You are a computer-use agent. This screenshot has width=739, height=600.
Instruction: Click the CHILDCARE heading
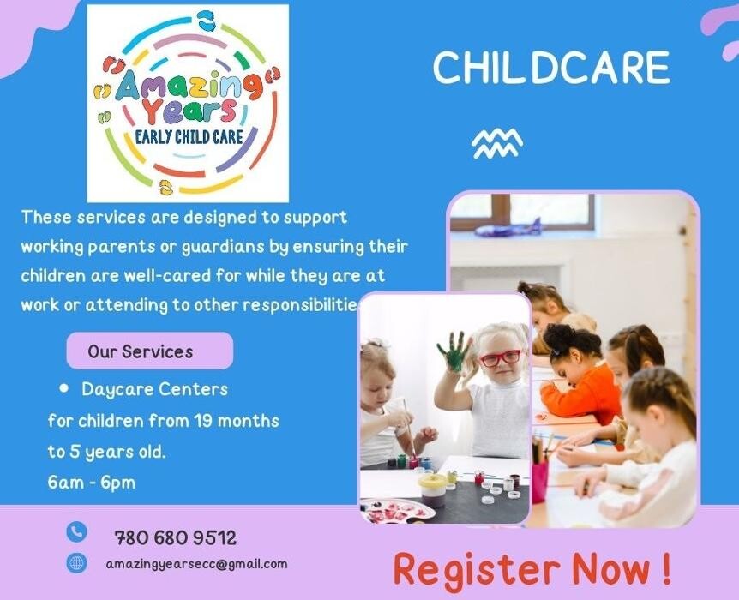[551, 68]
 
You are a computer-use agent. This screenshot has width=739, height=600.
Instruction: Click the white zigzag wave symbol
[496, 143]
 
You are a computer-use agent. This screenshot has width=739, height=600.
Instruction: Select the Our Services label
[141, 351]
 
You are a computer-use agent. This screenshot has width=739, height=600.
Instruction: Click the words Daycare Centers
[154, 389]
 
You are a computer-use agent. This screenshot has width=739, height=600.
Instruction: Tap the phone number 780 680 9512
[175, 538]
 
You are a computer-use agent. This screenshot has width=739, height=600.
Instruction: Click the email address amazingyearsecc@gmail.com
[196, 564]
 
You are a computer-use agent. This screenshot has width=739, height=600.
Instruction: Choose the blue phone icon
[76, 532]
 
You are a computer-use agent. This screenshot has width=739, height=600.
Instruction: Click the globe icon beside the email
[76, 563]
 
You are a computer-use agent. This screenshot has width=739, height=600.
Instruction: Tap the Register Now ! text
[532, 568]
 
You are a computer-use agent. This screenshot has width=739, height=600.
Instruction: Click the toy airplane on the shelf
[508, 229]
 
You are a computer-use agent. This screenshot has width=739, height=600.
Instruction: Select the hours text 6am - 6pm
[92, 482]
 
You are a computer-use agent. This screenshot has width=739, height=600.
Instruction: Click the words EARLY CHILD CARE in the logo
[189, 137]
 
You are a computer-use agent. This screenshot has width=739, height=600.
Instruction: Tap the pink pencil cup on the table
[539, 481]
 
